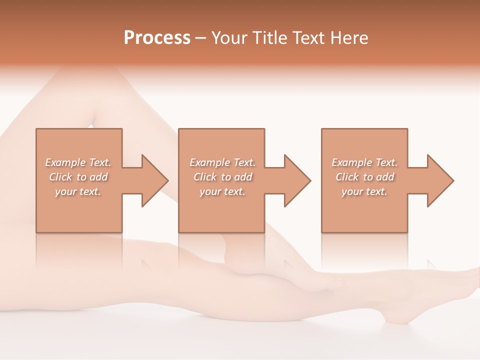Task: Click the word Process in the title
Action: coord(157,38)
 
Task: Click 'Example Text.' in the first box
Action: coord(78,162)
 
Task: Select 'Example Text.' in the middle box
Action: coord(222,162)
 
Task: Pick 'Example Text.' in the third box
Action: coord(364,162)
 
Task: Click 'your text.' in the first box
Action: coord(78,191)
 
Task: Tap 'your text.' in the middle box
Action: coord(222,191)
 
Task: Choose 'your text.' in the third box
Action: coord(364,191)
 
